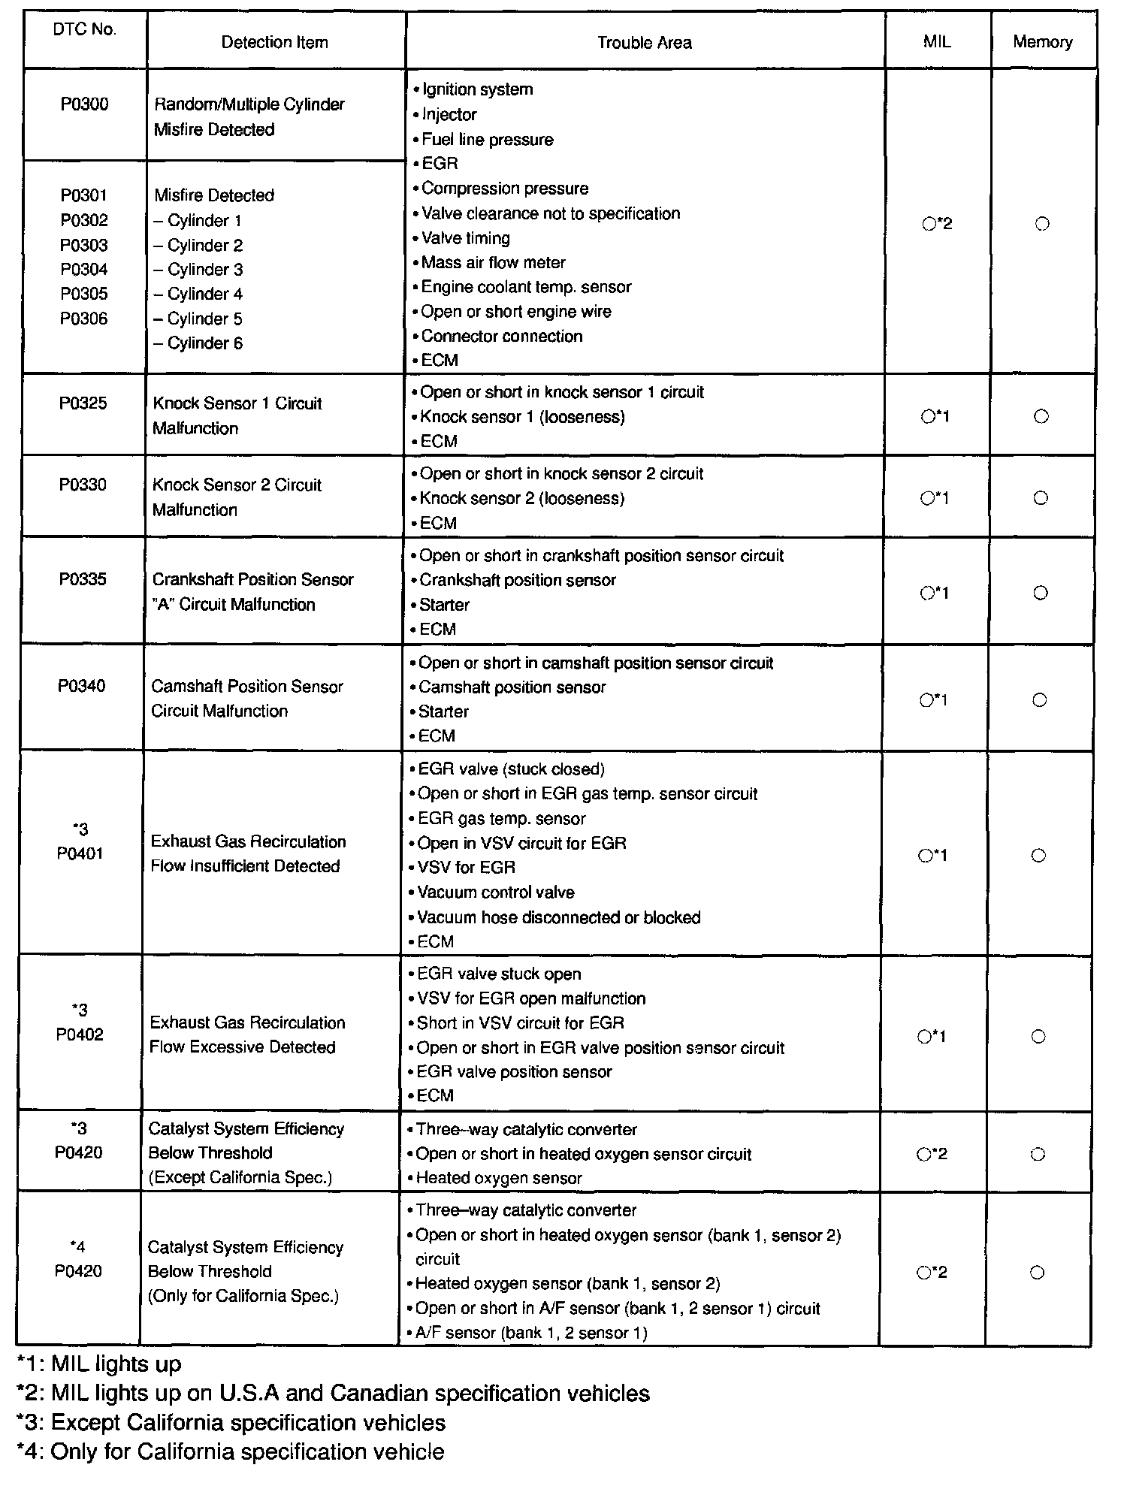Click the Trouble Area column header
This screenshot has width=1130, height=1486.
pos(644,43)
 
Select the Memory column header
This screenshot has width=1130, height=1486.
pos(1042,42)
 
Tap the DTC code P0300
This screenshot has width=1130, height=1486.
pos(84,104)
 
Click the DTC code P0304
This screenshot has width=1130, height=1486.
pos(84,269)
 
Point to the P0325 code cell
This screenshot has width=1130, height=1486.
pos(83,403)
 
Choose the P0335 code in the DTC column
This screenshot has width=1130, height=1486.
pos(83,579)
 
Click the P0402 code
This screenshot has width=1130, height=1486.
pos(80,1034)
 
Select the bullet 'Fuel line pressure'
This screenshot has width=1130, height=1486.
pos(487,139)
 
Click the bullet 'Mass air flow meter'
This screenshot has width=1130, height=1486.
pos(493,262)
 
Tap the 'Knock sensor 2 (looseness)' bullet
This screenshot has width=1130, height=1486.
pos(521,498)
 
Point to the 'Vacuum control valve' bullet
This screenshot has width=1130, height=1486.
pos(495,893)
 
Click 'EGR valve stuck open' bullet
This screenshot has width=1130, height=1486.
pos(499,974)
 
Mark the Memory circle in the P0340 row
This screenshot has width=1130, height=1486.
pos(1040,700)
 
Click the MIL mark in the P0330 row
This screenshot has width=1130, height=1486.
pos(935,498)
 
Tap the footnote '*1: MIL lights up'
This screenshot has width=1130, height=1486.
pos(98,1364)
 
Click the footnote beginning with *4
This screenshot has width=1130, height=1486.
pos(230,1451)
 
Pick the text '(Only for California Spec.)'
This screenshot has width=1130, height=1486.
pos(243,1296)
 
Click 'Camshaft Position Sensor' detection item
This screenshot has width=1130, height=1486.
pos(247,686)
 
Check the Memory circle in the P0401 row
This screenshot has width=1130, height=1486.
pos(1038,855)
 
